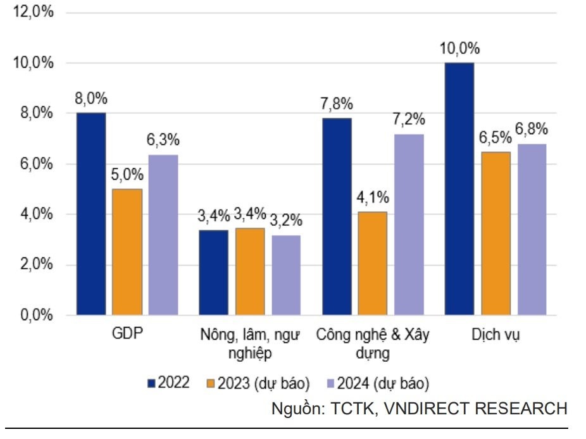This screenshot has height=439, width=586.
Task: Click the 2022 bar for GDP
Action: click(91, 214)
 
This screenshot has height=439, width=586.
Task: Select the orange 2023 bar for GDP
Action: click(127, 252)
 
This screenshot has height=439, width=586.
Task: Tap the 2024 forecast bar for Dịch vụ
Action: click(532, 229)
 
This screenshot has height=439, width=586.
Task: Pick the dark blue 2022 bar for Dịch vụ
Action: click(459, 189)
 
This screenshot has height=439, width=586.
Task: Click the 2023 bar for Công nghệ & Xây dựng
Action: click(372, 263)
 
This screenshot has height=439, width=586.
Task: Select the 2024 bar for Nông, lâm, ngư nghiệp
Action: click(286, 275)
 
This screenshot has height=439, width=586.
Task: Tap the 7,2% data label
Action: click(408, 120)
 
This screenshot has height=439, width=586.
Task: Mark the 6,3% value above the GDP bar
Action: click(163, 140)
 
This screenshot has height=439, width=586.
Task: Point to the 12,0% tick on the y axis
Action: click(31, 13)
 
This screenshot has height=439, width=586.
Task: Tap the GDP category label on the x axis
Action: click(127, 335)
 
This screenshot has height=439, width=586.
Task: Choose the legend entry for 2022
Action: click(168, 383)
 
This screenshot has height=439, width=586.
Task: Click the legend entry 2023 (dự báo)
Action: click(258, 383)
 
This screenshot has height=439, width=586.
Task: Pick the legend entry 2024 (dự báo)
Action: click(377, 383)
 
